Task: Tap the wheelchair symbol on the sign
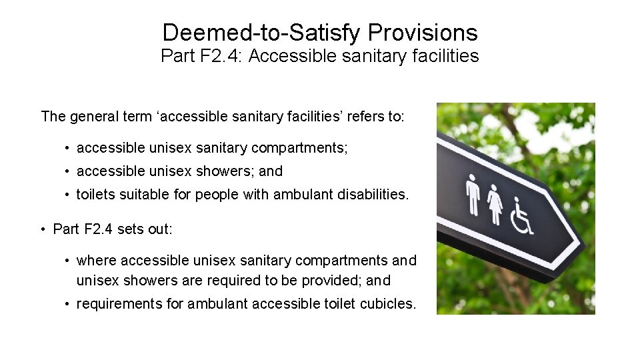[x=521, y=215]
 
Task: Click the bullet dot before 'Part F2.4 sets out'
[x=43, y=230]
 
